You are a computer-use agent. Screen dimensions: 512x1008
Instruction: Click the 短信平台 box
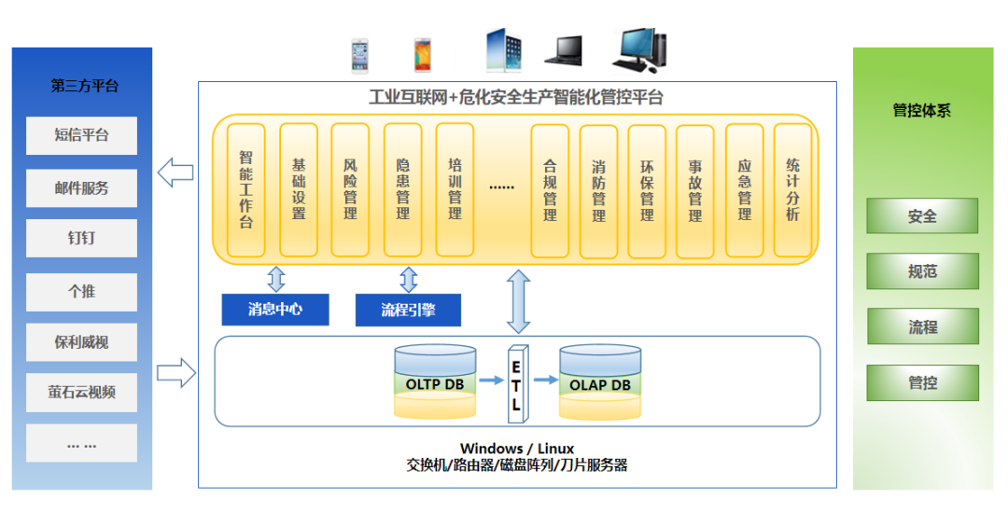click(x=81, y=136)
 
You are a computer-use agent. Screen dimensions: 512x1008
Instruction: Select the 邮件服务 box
click(x=81, y=188)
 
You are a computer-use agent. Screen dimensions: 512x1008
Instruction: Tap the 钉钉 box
click(x=81, y=239)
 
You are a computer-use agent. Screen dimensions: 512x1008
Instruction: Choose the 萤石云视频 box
click(x=81, y=393)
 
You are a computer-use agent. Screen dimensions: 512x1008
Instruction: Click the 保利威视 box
click(x=81, y=343)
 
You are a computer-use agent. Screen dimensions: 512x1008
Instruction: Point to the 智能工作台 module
click(x=246, y=190)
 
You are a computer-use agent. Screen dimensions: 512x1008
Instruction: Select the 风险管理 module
click(x=350, y=190)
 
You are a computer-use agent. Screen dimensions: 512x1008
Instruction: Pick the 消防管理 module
click(x=598, y=190)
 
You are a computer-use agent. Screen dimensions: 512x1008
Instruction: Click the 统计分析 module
click(x=792, y=190)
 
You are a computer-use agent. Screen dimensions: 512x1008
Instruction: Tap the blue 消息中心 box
click(x=275, y=310)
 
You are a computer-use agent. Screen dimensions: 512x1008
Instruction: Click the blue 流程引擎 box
click(x=408, y=310)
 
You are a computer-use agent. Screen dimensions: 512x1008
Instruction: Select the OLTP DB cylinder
click(x=435, y=382)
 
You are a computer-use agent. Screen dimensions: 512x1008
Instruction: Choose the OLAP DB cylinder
click(x=600, y=382)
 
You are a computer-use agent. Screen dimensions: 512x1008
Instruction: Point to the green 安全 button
click(x=922, y=216)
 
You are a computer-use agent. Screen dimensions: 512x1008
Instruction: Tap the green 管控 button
click(x=922, y=382)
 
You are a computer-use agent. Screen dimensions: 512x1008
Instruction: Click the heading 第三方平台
click(x=85, y=86)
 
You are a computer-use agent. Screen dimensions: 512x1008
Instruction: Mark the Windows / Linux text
click(x=516, y=449)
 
